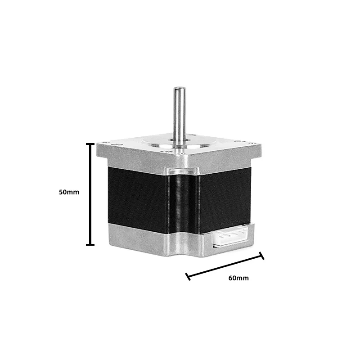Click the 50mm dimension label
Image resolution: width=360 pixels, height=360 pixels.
(x=69, y=192)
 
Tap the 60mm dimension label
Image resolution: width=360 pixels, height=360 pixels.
(x=238, y=278)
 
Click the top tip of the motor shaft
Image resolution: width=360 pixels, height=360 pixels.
(x=180, y=88)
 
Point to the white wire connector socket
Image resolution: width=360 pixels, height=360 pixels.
(x=230, y=236)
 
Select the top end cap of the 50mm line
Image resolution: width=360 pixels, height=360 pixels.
(x=90, y=144)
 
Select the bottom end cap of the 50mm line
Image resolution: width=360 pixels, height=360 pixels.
(x=90, y=245)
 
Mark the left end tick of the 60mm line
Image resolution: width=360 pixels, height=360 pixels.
(x=188, y=277)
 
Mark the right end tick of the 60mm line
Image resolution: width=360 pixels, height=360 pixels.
(x=261, y=256)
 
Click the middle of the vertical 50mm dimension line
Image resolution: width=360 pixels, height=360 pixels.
(x=90, y=194)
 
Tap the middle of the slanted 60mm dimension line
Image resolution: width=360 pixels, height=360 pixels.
(x=225, y=266)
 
